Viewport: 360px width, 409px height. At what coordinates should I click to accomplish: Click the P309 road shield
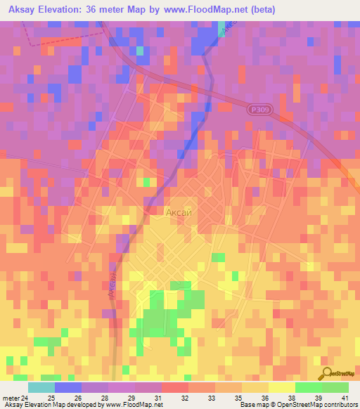click(x=259, y=110)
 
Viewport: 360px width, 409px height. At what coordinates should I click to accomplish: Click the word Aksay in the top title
click(x=26, y=10)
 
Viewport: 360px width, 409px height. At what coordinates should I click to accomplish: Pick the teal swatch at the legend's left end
click(x=41, y=387)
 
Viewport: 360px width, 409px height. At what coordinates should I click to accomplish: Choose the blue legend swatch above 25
click(x=68, y=387)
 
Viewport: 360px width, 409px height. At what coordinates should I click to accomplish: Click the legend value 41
click(x=345, y=398)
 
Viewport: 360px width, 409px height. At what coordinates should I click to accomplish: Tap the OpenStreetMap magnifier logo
click(x=327, y=373)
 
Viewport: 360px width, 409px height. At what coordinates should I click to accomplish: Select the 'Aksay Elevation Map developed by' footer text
click(x=51, y=405)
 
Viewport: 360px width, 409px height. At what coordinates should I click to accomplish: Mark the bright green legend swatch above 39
click(x=309, y=387)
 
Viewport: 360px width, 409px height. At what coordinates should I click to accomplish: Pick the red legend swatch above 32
click(x=175, y=387)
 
